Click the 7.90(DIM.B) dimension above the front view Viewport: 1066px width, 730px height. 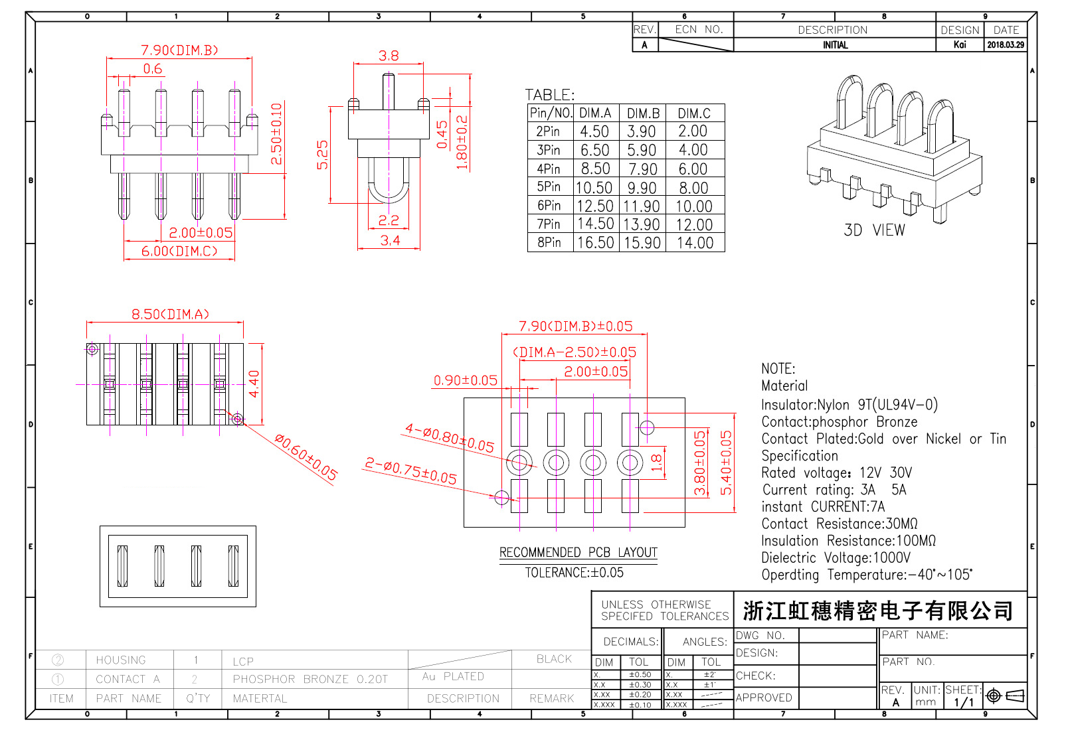point(179,50)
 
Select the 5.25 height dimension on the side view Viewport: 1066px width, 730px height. point(323,155)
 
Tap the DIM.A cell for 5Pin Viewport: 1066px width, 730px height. point(594,188)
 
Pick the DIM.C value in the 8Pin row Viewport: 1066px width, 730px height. point(695,243)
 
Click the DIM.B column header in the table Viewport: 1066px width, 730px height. point(643,113)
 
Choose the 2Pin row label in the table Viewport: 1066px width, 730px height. point(549,131)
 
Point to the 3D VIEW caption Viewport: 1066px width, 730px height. point(874,230)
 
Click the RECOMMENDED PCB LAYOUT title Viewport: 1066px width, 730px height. point(578,553)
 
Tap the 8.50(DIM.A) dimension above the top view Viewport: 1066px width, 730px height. point(170,315)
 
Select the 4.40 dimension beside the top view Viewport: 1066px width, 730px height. point(254,384)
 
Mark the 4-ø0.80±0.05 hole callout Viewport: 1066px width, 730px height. point(450,439)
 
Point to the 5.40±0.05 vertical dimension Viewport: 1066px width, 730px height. point(726,463)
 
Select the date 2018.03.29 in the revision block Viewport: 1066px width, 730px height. point(1005,45)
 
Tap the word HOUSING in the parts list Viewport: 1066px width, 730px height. point(120,660)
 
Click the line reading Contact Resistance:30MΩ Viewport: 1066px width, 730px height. point(840,524)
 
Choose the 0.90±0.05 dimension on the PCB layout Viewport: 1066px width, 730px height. point(465,380)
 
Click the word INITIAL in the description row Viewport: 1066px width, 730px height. point(835,45)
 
